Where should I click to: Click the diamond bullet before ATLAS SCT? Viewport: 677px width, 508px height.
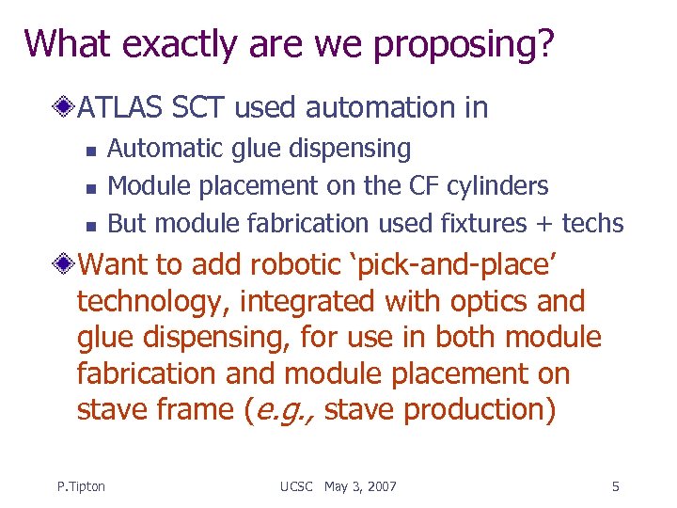click(x=66, y=108)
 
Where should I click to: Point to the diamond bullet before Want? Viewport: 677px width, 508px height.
click(x=66, y=264)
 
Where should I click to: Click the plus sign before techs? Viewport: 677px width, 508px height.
click(x=544, y=224)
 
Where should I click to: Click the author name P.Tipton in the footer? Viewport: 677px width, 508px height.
click(x=81, y=486)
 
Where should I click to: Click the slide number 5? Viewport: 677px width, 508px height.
click(x=615, y=486)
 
